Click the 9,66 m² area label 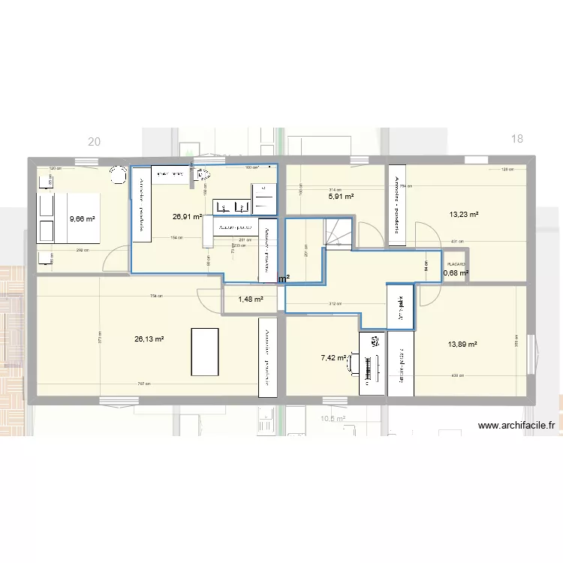pyautogui.click(x=83, y=219)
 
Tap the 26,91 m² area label pyautogui.click(x=186, y=216)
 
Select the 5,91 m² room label pyautogui.click(x=341, y=197)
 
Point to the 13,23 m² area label pyautogui.click(x=464, y=214)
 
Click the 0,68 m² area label pyautogui.click(x=456, y=273)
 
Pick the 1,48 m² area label pyautogui.click(x=251, y=299)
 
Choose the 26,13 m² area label pyautogui.click(x=149, y=339)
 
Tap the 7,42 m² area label pyautogui.click(x=333, y=358)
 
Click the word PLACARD pyautogui.click(x=455, y=264)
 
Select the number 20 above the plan pyautogui.click(x=94, y=141)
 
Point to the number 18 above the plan pyautogui.click(x=516, y=138)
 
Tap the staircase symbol pyautogui.click(x=337, y=232)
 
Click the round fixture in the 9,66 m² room pyautogui.click(x=117, y=175)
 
